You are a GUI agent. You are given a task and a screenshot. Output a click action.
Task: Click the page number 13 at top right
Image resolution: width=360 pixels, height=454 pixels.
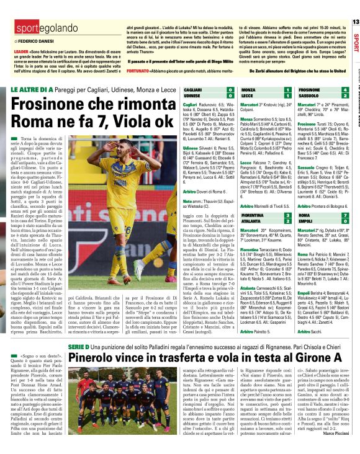click(355, 22)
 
